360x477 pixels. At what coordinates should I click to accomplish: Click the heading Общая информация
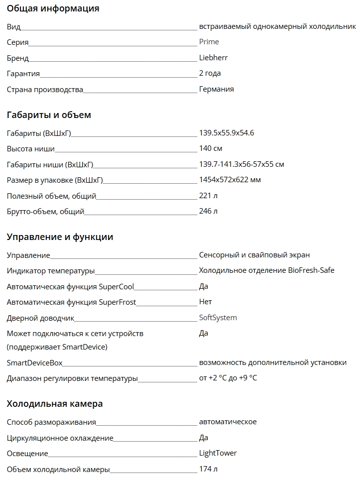pyautogui.click(x=53, y=8)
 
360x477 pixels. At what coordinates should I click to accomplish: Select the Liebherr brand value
pyautogui.click(x=213, y=58)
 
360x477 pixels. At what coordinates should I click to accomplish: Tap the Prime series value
pyautogui.click(x=209, y=42)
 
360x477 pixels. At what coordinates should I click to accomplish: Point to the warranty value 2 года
pyautogui.click(x=210, y=73)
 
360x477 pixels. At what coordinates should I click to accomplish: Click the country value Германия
pyautogui.click(x=216, y=89)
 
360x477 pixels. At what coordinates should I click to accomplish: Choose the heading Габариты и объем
pyautogui.click(x=49, y=115)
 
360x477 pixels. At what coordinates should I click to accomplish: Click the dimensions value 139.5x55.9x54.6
pyautogui.click(x=227, y=133)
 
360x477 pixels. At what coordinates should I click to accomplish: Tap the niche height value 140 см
pyautogui.click(x=211, y=148)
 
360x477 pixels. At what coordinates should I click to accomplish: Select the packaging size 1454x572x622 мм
pyautogui.click(x=230, y=180)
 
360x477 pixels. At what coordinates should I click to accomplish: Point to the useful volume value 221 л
pyautogui.click(x=208, y=196)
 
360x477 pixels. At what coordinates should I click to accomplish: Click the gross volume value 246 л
pyautogui.click(x=208, y=211)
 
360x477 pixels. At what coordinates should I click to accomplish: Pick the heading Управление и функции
pyautogui.click(x=60, y=237)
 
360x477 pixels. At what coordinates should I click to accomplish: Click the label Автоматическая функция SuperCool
pyautogui.click(x=70, y=286)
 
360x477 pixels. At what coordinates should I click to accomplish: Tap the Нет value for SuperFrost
pyautogui.click(x=205, y=302)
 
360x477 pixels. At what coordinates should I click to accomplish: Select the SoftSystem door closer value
pyautogui.click(x=218, y=318)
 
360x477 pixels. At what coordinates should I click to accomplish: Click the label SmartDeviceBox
pyautogui.click(x=34, y=362)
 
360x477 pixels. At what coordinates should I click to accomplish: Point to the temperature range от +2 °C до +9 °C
pyautogui.click(x=228, y=378)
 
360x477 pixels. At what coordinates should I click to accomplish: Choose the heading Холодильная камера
pyautogui.click(x=55, y=403)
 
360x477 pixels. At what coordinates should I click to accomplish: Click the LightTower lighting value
pyautogui.click(x=218, y=453)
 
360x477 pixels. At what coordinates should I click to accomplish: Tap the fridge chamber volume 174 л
pyautogui.click(x=208, y=469)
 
